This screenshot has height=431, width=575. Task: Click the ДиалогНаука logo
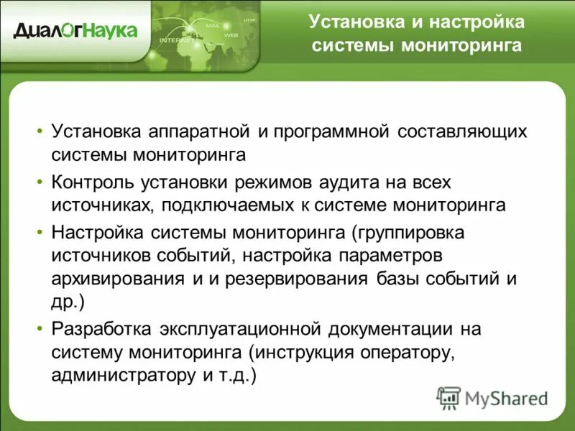(75, 30)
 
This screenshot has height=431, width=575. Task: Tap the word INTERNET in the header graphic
(176, 40)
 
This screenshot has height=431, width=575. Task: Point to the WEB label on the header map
(231, 34)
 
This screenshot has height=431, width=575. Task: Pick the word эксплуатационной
(239, 329)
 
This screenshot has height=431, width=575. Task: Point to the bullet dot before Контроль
(40, 182)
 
